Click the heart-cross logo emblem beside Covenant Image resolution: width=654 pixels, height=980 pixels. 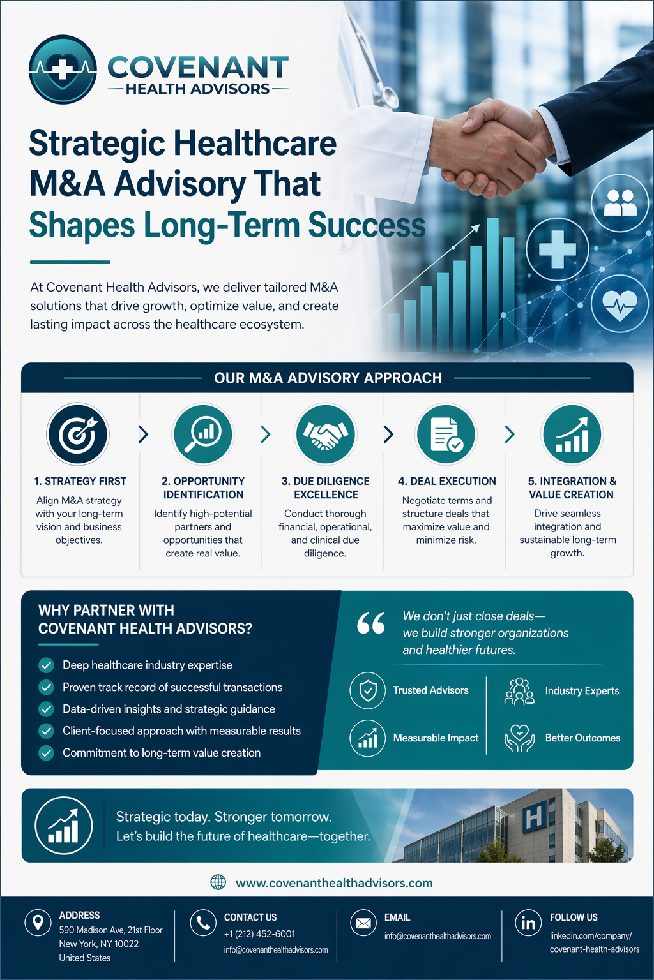[63, 69]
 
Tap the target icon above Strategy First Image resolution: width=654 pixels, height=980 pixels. [77, 434]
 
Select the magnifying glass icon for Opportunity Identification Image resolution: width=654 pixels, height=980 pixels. [203, 434]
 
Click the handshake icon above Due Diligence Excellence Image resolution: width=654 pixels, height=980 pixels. [326, 434]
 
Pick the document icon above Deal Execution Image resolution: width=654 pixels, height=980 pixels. [446, 434]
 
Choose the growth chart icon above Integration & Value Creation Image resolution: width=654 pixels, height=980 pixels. [572, 434]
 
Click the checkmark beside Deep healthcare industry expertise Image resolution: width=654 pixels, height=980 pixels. [46, 665]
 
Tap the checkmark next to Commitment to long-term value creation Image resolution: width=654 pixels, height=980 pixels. [46, 753]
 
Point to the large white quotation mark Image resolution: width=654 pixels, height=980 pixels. [371, 623]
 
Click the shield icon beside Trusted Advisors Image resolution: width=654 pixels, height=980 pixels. [367, 690]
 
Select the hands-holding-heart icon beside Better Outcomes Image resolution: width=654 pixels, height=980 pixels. [519, 738]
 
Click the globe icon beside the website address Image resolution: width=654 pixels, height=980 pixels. [218, 882]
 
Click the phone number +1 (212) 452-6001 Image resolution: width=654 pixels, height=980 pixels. [259, 933]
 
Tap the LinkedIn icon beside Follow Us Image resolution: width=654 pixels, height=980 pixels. [528, 923]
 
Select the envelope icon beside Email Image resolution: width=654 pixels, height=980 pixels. [363, 923]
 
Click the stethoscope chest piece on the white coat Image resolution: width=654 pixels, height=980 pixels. [388, 97]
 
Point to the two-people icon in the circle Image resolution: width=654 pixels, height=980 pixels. [620, 202]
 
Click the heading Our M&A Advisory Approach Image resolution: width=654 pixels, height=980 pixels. [328, 378]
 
